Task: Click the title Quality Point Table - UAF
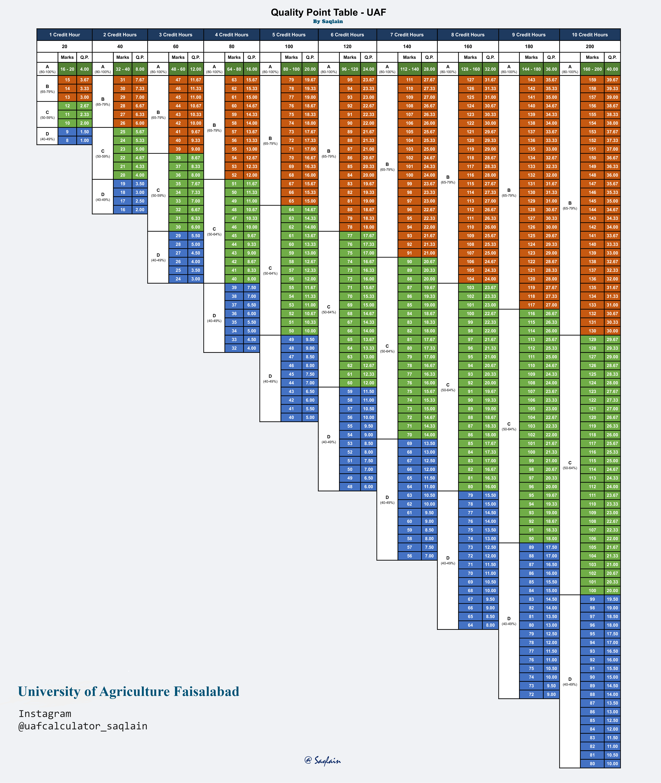328,12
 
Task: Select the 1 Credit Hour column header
64,34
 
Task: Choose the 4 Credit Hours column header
232,34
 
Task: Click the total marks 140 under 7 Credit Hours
407,46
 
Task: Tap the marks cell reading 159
592,80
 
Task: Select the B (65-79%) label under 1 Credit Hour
47,88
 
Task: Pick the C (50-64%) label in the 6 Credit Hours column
329,309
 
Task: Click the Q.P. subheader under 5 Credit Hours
310,57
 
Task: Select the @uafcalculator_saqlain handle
83,726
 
